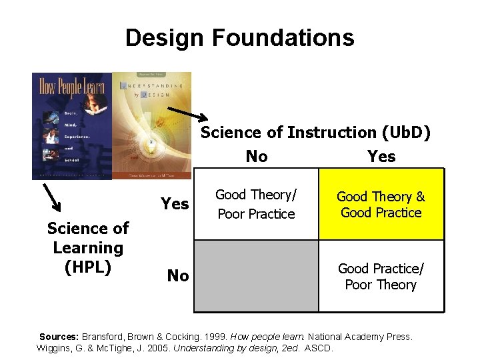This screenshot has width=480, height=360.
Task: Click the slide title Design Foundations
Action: point(239,38)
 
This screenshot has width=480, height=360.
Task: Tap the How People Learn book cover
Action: point(72,125)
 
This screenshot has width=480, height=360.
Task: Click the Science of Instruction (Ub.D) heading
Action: point(315,133)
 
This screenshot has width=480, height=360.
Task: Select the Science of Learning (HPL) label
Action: point(87,247)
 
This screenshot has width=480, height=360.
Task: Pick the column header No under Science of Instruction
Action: point(257,157)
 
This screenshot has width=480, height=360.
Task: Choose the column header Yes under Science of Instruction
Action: point(381,157)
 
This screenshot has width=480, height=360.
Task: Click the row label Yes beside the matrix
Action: point(175,203)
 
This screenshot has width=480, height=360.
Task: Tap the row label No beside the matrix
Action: point(177,275)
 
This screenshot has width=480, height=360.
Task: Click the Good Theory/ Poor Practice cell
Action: point(256,204)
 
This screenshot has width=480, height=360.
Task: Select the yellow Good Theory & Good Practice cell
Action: point(381,204)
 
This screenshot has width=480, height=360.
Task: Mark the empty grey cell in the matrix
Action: point(256,275)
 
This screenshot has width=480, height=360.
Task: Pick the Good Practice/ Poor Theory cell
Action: point(381,276)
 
